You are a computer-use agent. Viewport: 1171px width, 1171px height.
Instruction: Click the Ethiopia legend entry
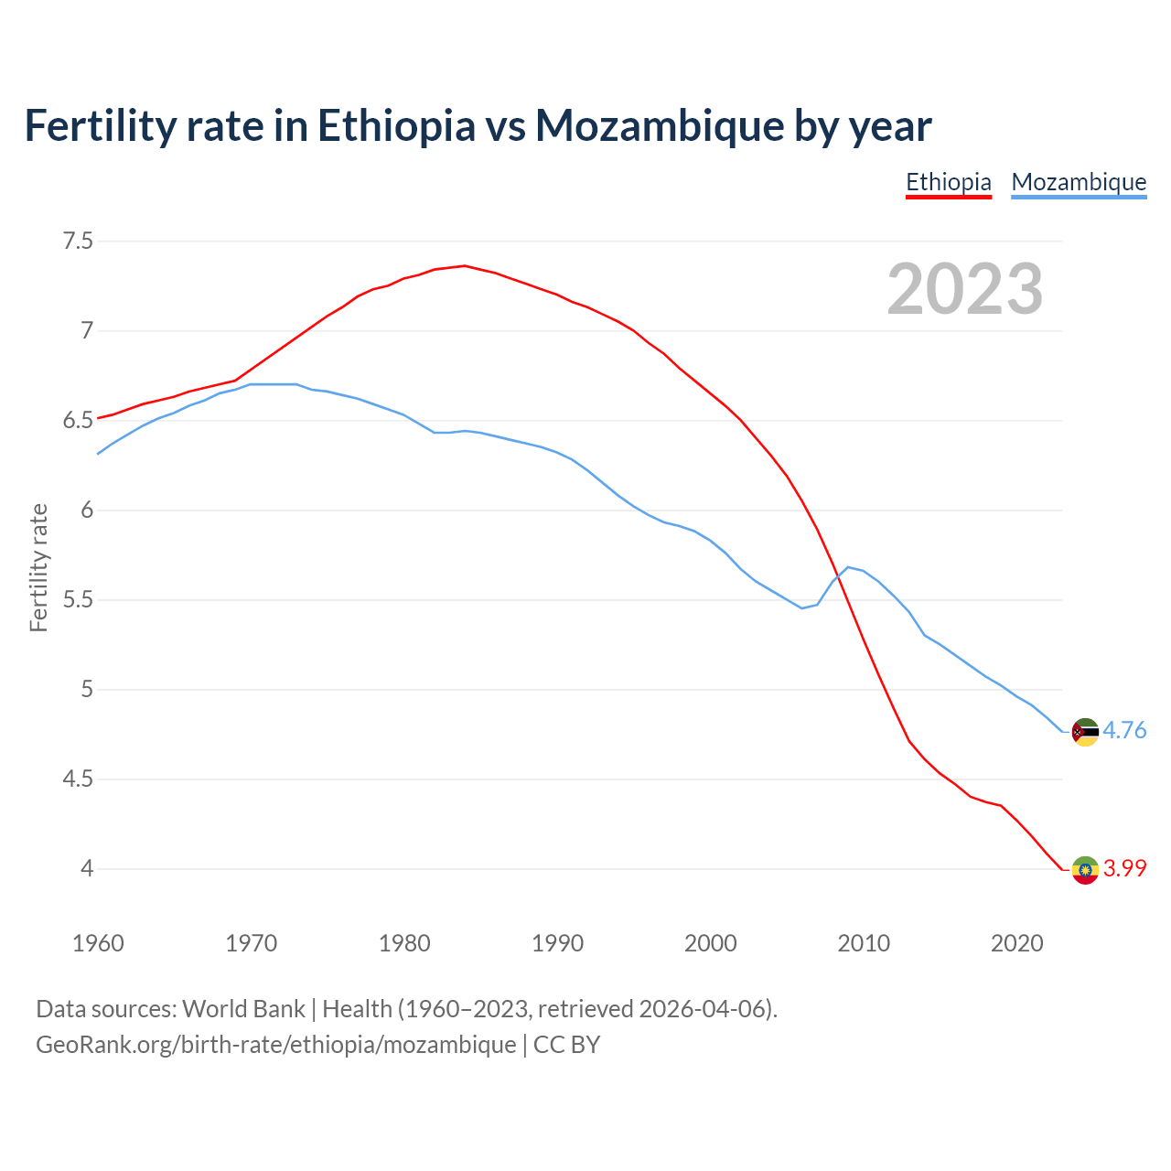(x=948, y=182)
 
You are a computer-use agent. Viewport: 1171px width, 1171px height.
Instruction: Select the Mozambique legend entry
(x=1079, y=182)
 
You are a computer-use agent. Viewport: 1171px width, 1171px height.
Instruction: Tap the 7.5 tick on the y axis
(x=78, y=242)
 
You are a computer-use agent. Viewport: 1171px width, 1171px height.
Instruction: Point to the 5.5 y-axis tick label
(x=78, y=600)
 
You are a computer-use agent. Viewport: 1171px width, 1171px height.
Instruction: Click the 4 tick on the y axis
(x=87, y=868)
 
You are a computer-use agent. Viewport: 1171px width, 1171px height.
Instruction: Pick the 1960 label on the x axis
(x=98, y=943)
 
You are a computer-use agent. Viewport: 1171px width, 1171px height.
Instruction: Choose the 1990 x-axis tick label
(x=557, y=943)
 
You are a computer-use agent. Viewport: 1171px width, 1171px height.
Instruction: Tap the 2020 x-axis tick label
(x=1016, y=943)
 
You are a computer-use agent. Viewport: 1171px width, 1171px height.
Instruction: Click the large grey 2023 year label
(x=964, y=289)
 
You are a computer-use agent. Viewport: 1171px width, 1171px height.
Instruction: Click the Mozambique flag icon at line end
(x=1085, y=732)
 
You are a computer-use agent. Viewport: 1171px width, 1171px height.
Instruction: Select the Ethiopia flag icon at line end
(x=1085, y=870)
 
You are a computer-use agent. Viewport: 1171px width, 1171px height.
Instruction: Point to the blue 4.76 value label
(x=1124, y=730)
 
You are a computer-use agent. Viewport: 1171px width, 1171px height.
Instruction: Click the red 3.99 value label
(x=1124, y=868)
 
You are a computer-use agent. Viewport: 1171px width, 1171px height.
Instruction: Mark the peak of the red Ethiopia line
(x=465, y=265)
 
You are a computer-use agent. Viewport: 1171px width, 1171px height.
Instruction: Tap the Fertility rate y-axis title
(x=38, y=567)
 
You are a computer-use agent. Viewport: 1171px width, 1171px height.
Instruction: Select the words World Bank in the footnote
(x=243, y=1009)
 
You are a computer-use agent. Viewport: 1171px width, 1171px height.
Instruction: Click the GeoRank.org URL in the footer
(x=275, y=1045)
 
